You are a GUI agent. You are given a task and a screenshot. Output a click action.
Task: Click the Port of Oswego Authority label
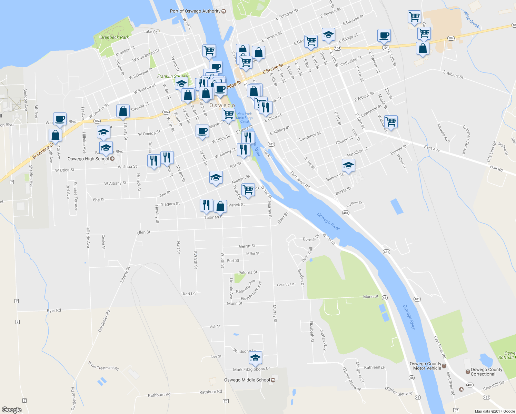(x=195, y=11)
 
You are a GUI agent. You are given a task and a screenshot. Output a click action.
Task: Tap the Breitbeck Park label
(x=115, y=37)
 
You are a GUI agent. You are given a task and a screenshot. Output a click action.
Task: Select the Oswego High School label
(x=88, y=159)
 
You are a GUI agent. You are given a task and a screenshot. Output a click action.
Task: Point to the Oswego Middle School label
(x=247, y=380)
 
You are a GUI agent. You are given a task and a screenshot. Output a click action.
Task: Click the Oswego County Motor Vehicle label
(x=425, y=366)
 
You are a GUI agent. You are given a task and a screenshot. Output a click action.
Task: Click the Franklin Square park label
(x=172, y=76)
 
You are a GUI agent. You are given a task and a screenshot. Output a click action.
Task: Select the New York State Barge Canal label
(x=245, y=118)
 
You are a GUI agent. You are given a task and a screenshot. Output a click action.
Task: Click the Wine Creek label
(x=472, y=20)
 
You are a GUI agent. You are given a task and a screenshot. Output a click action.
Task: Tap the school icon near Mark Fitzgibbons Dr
(x=255, y=358)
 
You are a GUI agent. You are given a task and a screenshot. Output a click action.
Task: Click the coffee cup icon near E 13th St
(x=384, y=35)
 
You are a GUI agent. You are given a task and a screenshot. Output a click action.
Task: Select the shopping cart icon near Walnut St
(x=391, y=121)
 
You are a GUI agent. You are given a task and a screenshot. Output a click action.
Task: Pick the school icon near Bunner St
(x=348, y=165)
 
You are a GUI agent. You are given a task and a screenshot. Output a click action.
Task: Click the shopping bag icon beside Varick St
(x=220, y=206)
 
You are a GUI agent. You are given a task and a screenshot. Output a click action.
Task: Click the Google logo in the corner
(x=11, y=410)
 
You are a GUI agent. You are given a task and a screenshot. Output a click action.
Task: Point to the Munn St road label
(x=371, y=296)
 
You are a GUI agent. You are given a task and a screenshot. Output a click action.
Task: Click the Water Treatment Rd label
(x=103, y=366)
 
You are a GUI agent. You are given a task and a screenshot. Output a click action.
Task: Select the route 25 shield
(x=226, y=401)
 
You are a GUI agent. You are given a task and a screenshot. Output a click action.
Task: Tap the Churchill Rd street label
(x=494, y=385)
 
